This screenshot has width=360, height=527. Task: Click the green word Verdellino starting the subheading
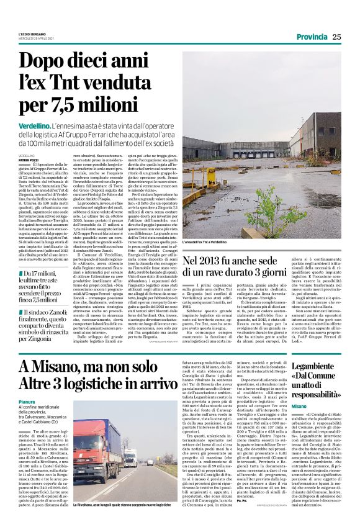(x=35, y=126)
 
